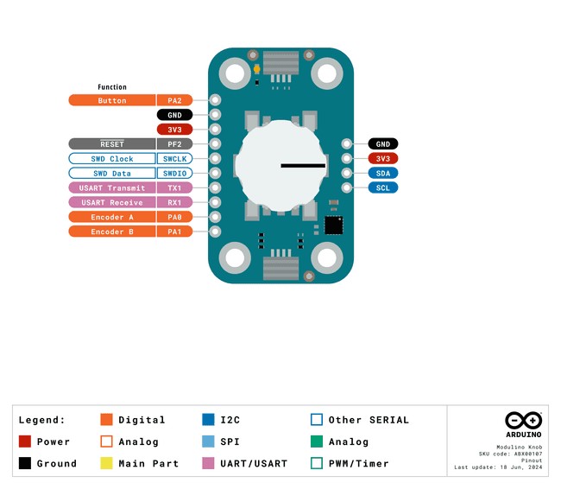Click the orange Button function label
click(x=112, y=100)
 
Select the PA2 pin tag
click(x=174, y=100)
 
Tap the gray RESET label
click(x=112, y=144)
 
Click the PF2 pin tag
click(x=174, y=144)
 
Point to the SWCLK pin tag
click(x=174, y=159)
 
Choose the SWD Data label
click(x=112, y=174)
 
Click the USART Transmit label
click(x=112, y=187)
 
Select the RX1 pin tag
click(x=174, y=202)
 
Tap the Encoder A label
click(x=112, y=217)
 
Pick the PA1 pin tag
click(x=174, y=232)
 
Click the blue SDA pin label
click(x=382, y=173)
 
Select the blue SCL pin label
click(x=382, y=187)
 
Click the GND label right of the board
click(x=382, y=144)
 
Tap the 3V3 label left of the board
click(x=174, y=130)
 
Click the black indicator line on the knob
click(x=303, y=165)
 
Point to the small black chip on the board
click(x=332, y=225)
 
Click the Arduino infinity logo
click(x=523, y=421)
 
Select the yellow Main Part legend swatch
click(x=107, y=463)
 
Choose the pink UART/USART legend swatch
click(x=208, y=463)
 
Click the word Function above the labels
click(x=112, y=87)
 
